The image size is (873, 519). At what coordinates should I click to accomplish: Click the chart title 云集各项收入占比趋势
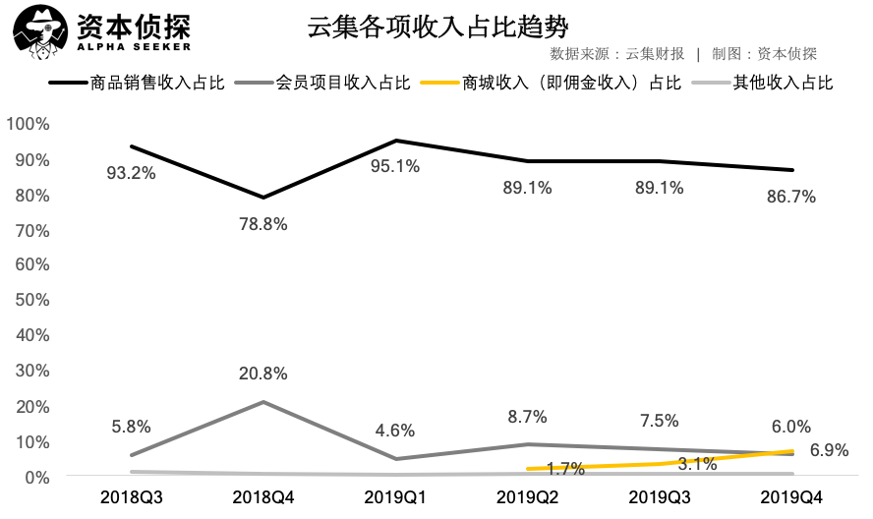[x=437, y=27]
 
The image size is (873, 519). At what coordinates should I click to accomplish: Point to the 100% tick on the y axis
[x=28, y=124]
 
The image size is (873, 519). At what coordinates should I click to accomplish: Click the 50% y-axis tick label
[x=31, y=300]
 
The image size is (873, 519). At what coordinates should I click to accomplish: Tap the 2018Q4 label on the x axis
[x=262, y=497]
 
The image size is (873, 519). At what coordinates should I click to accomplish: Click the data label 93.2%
[x=130, y=174]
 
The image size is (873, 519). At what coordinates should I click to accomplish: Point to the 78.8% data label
[x=262, y=224]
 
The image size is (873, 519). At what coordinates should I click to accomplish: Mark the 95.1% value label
[x=394, y=167]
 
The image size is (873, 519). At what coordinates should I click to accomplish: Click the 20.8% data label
[x=262, y=374]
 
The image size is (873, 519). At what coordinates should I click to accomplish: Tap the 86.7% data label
[x=791, y=197]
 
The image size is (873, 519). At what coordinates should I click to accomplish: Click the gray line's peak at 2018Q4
[x=262, y=402]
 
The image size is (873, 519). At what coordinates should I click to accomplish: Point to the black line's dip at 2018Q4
[x=262, y=198]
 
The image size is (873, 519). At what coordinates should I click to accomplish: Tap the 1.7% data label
[x=565, y=470]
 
